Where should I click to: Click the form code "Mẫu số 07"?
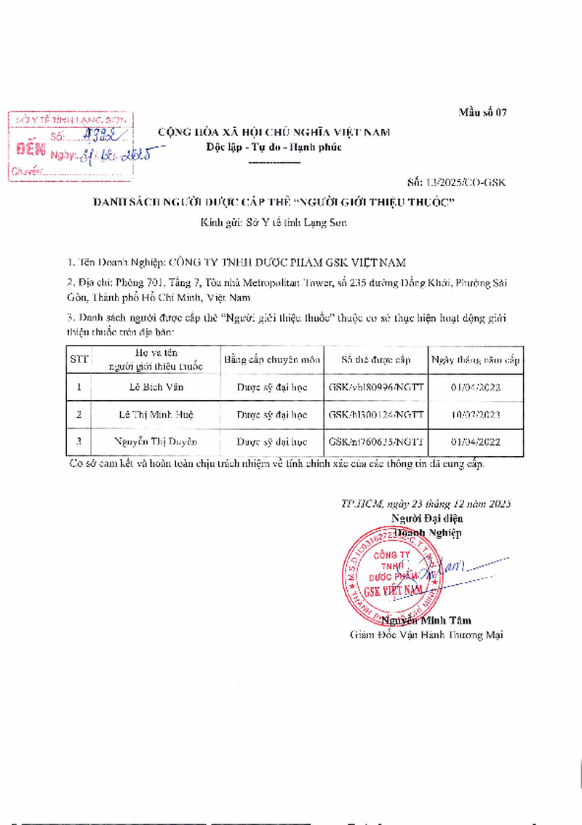coord(482,112)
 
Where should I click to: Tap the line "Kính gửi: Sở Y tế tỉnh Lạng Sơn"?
coord(274,223)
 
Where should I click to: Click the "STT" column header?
coord(78,359)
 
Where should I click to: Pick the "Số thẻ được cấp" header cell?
coord(376,359)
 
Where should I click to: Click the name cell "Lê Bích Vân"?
coord(156,387)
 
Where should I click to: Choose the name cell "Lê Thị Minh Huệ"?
coord(156,415)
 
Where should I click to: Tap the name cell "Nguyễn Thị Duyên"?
coord(156,442)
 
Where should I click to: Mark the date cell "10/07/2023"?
coord(476,415)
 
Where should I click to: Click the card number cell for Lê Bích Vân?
coord(376,387)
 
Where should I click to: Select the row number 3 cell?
coord(78,442)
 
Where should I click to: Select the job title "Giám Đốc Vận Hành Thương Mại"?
coord(426,634)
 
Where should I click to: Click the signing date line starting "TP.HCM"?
coord(426,503)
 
